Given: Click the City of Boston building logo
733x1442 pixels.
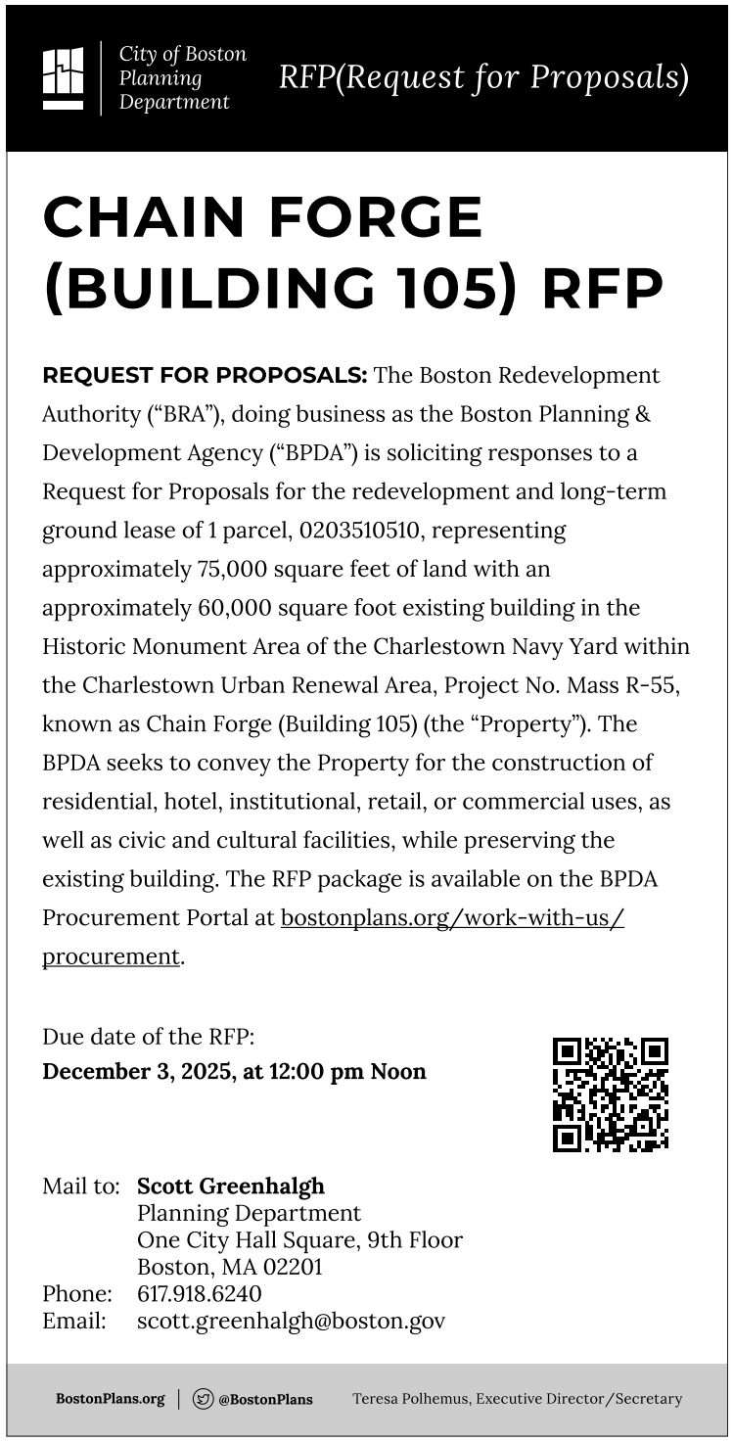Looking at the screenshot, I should (63, 77).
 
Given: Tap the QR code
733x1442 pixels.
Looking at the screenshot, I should (610, 1093).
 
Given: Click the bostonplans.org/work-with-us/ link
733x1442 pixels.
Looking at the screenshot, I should (452, 918).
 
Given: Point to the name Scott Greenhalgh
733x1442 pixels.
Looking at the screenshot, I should (230, 1186).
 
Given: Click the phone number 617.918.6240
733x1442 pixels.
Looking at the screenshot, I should (199, 1294).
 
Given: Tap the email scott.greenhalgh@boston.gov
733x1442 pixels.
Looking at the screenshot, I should (291, 1321).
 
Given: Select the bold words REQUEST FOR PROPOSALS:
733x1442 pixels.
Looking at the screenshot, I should (205, 376).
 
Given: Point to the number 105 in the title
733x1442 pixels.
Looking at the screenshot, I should (449, 289).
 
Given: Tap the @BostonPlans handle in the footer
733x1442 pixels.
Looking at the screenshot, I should (265, 1399).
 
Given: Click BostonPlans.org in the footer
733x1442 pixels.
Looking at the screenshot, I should (110, 1399).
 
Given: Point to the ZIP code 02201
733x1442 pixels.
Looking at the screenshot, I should (291, 1268).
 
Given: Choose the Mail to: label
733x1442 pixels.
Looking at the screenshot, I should (80, 1186).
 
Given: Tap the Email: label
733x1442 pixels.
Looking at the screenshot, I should (73, 1321).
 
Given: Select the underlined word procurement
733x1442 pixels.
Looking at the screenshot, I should (111, 956).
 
